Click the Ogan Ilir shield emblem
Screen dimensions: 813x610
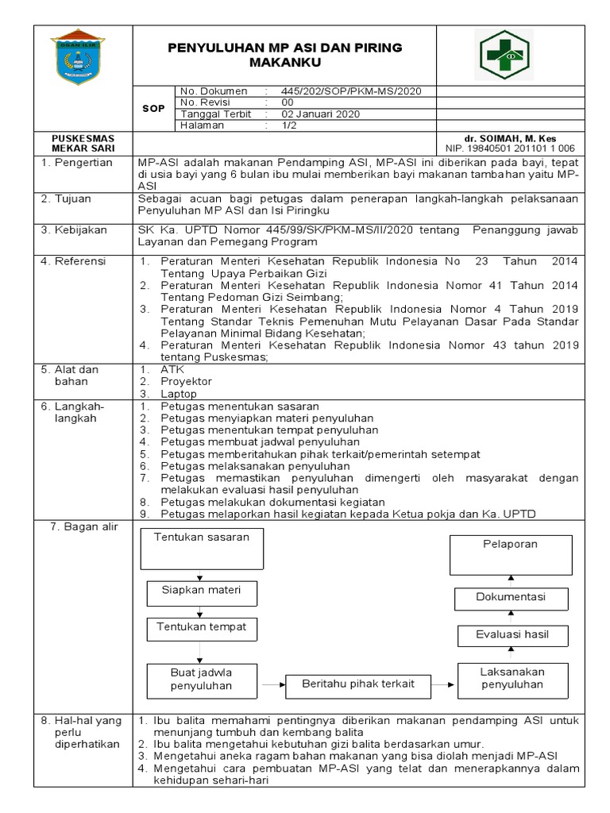click(77, 56)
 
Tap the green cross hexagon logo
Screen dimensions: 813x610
click(506, 55)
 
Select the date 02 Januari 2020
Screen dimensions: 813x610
click(321, 114)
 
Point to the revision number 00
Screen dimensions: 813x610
click(288, 102)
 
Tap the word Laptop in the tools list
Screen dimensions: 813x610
click(178, 393)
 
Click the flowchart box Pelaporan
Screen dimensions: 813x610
click(510, 554)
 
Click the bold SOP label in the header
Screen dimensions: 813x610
click(153, 108)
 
